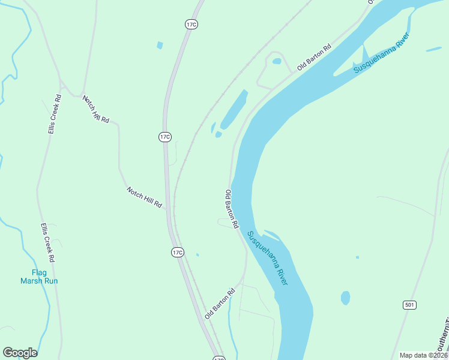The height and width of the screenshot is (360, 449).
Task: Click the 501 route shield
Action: (x=409, y=305)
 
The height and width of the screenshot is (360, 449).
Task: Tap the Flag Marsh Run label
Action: (x=39, y=276)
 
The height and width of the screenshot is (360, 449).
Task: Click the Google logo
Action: (x=20, y=353)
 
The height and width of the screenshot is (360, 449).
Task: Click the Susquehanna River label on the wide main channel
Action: (x=268, y=259)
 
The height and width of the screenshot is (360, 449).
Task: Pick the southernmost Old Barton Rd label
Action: (x=219, y=303)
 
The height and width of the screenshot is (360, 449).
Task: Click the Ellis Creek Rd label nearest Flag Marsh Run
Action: (x=47, y=242)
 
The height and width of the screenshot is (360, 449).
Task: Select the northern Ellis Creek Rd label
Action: (x=55, y=113)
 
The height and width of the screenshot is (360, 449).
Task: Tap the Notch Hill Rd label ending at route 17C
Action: (x=145, y=197)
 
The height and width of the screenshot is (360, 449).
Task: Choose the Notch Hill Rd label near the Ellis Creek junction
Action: (x=96, y=109)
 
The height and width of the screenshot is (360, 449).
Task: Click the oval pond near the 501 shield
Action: (x=345, y=298)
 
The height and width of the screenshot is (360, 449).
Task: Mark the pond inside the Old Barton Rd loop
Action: (x=276, y=61)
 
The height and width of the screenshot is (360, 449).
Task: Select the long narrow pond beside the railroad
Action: (x=234, y=110)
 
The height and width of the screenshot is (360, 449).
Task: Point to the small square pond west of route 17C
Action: (x=159, y=45)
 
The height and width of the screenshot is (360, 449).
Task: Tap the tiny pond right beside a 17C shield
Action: (x=197, y=254)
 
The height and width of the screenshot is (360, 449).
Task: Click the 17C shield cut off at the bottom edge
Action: (x=219, y=358)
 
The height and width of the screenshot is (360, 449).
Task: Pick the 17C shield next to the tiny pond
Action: (x=176, y=252)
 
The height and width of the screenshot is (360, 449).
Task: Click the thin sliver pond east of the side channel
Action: (x=433, y=49)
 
